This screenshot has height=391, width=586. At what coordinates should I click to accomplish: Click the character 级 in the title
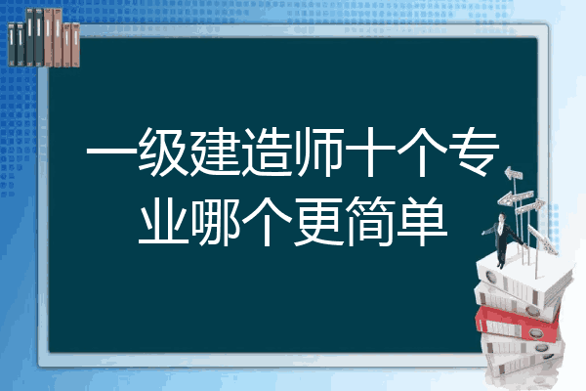click(x=163, y=152)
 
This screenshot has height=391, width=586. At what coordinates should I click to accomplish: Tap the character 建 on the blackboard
click(x=215, y=152)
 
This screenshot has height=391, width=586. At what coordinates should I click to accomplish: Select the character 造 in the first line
click(x=267, y=152)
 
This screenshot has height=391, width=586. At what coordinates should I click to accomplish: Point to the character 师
click(x=318, y=152)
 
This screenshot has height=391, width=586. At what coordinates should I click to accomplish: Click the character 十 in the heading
click(x=370, y=152)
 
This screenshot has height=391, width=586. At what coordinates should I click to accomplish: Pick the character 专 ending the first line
click(x=475, y=152)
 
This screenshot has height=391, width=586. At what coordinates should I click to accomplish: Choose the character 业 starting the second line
click(x=163, y=221)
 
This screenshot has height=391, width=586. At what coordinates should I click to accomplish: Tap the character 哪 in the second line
click(x=215, y=221)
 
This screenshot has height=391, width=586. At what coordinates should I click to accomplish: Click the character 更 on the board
click(x=318, y=221)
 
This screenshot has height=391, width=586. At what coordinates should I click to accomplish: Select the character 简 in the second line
click(x=370, y=221)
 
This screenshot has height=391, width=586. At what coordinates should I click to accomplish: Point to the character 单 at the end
click(x=422, y=221)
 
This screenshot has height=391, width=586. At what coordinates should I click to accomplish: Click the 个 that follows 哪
click(x=267, y=221)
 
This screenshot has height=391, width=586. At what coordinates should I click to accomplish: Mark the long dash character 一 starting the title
click(x=111, y=152)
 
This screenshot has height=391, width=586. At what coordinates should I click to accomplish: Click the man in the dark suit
click(x=502, y=239)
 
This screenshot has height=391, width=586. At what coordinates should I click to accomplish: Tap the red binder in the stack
click(x=518, y=324)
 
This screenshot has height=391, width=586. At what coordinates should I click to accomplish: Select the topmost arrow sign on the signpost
click(x=514, y=174)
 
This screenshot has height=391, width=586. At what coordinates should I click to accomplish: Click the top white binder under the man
click(x=523, y=279)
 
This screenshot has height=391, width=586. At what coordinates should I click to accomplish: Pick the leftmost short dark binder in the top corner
click(x=12, y=44)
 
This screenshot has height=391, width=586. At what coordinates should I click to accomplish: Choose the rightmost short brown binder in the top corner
click(x=75, y=45)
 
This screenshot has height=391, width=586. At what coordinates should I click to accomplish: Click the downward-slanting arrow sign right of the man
click(x=543, y=239)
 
